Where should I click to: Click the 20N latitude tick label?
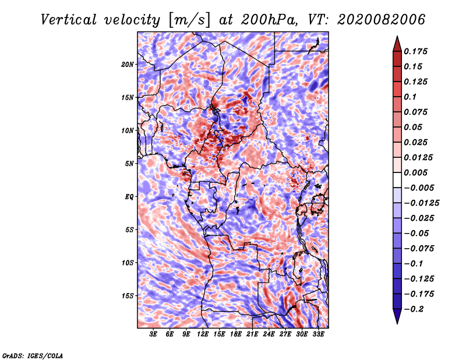128,64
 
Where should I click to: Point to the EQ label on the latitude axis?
129,196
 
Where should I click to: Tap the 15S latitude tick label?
128,295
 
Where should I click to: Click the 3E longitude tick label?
154,334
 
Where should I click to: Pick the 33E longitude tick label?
318,334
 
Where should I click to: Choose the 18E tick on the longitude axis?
236,334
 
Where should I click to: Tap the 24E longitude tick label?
269,334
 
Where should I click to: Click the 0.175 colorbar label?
416,51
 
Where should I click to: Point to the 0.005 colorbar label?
416,172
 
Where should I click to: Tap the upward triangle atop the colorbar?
397,42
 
